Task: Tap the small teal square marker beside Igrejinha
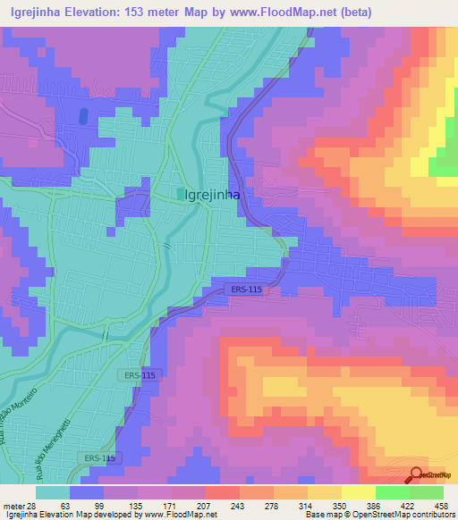tap(181, 193)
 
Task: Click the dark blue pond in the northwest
tap(83, 116)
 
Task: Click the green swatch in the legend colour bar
tap(392, 492)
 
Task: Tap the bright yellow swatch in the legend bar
tap(358, 492)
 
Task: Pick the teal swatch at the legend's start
tap(53, 492)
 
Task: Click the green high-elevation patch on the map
tap(445, 161)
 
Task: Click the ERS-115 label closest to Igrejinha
tap(239, 290)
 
